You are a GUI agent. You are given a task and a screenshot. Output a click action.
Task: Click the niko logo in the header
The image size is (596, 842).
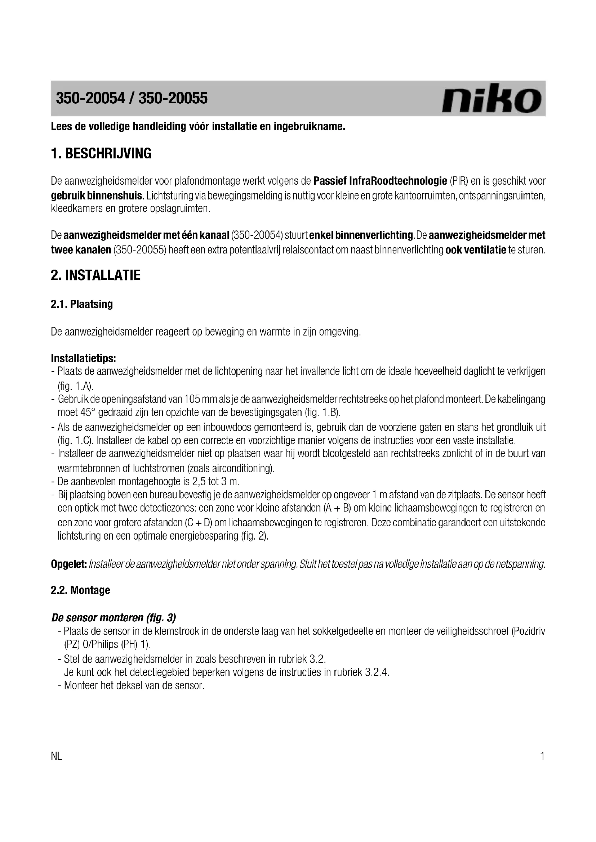[492, 98]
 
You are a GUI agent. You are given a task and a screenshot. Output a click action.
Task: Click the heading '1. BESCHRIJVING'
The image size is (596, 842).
[101, 154]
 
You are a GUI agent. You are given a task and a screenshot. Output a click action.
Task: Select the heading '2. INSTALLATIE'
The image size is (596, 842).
[95, 275]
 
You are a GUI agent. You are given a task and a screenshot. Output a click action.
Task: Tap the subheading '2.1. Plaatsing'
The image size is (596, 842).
[81, 304]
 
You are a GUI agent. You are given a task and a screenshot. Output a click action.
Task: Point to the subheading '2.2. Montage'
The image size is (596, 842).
[80, 590]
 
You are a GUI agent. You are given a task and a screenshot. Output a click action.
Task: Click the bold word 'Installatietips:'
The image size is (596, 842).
[84, 357]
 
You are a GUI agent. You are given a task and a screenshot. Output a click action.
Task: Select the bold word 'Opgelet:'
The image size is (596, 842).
[68, 564]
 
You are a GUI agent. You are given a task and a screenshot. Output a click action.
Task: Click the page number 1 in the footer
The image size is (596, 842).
[542, 757]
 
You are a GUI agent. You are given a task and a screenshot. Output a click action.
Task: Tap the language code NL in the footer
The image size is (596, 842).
[57, 757]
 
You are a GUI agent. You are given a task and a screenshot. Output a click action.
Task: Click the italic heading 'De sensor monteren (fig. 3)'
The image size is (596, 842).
[114, 618]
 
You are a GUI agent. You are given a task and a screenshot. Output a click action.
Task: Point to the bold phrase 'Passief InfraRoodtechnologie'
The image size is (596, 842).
[380, 181]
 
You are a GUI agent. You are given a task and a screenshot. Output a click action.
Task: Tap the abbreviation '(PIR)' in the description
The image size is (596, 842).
[459, 181]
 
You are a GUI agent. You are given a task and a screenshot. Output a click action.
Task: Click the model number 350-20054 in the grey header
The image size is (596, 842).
[90, 98]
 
